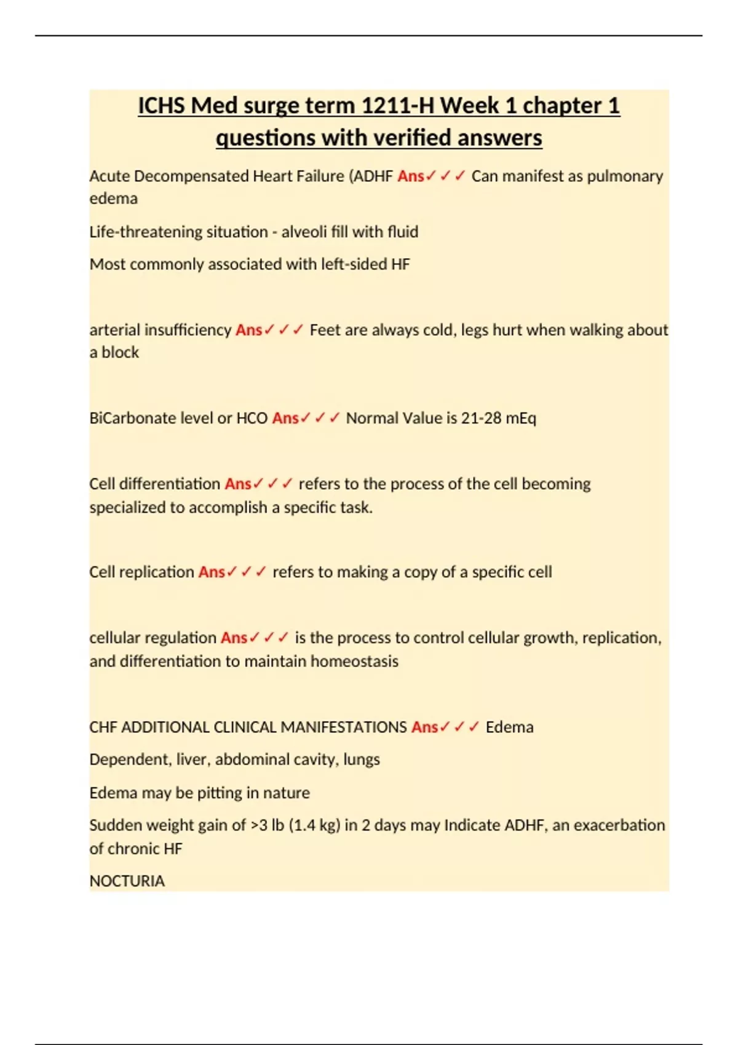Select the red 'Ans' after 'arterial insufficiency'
coord(248,330)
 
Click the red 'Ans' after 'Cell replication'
coord(212,572)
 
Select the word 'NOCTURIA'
coord(127,881)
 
